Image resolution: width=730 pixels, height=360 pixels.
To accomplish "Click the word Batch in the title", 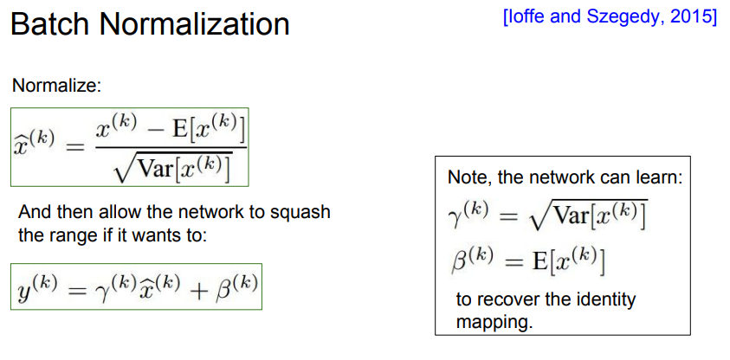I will click(48, 24).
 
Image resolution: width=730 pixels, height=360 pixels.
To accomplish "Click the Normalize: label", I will click(56, 87).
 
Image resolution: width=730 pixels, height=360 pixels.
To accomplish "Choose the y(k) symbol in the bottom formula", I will click(35, 288).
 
